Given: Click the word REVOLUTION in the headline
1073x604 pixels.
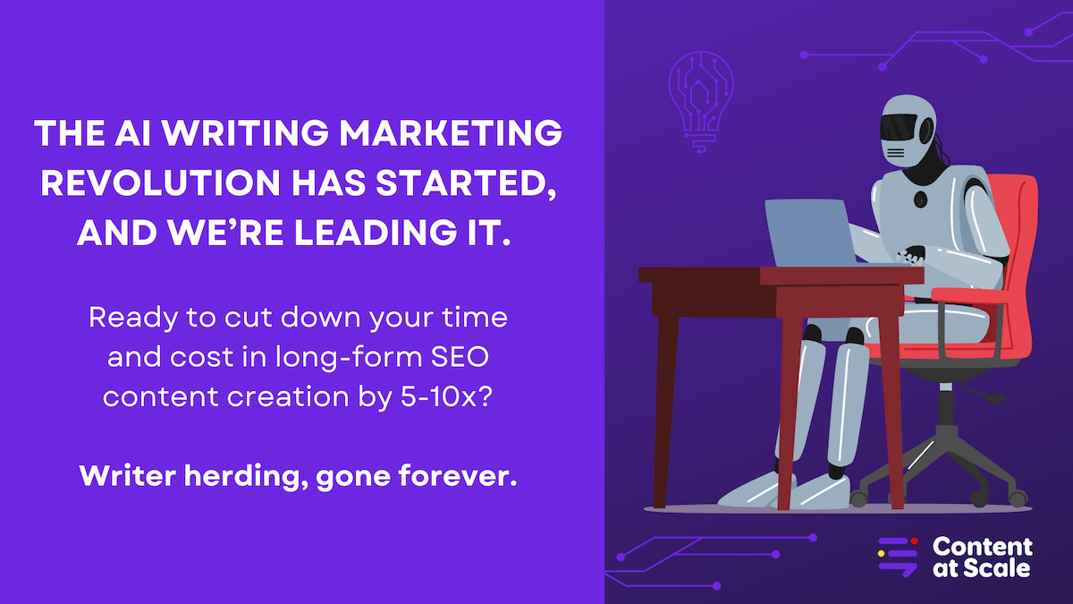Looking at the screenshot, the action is [x=160, y=183].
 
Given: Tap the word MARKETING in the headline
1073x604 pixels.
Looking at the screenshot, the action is [x=451, y=132].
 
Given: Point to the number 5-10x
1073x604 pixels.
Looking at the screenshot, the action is [x=446, y=396].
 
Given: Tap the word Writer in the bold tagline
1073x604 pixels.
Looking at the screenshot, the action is [x=127, y=475].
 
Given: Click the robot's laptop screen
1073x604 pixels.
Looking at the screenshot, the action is [x=810, y=233].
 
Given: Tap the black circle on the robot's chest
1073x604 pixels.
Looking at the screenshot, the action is [x=920, y=200].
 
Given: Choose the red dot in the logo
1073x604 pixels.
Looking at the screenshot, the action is [x=914, y=541].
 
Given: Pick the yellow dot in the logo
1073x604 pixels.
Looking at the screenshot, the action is [x=881, y=553].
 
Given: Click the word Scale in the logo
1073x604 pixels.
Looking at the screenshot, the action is [x=996, y=568].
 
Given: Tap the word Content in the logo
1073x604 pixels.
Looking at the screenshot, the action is [x=983, y=547].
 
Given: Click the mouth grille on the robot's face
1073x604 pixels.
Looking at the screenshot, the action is [x=896, y=153].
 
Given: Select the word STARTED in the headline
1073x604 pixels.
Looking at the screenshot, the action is [x=467, y=183].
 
